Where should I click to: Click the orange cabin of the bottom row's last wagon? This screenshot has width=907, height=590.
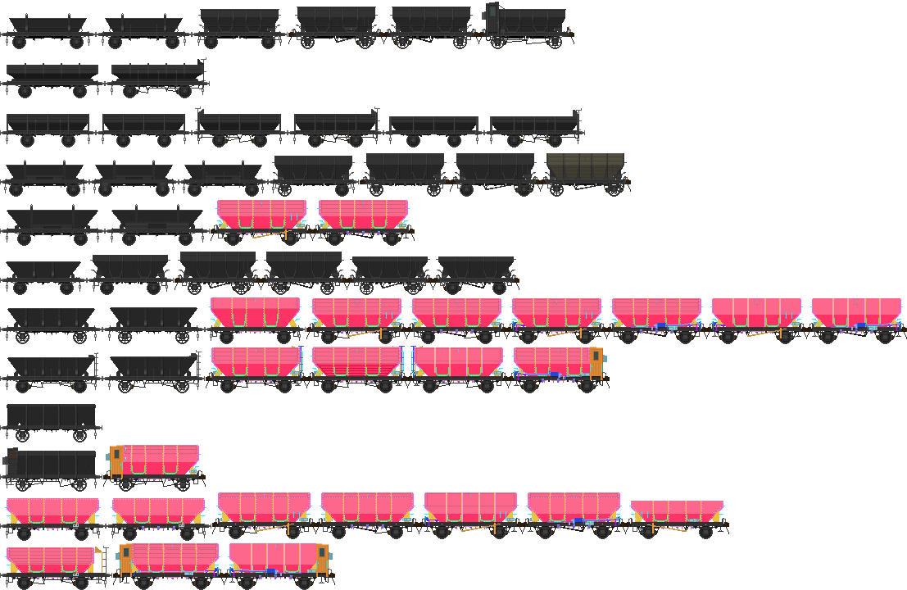tap(322, 558)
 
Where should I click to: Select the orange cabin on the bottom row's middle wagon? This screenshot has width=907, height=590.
tap(125, 558)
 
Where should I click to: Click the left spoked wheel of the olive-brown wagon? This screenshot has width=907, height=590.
tap(557, 190)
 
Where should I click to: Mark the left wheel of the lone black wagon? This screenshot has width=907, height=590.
tap(22, 435)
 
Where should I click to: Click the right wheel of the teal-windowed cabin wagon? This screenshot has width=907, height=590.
tap(555, 42)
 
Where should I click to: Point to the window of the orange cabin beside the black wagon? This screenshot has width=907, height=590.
tap(117, 454)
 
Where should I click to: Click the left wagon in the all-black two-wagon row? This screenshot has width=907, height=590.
tap(52, 76)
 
